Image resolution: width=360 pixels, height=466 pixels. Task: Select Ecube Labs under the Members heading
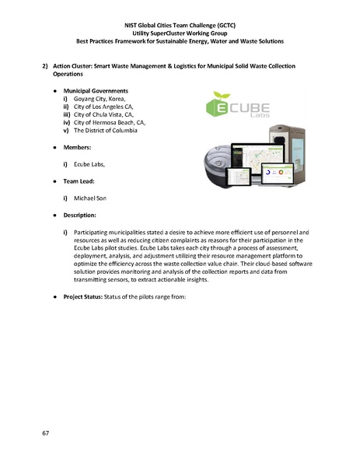point(89,164)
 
